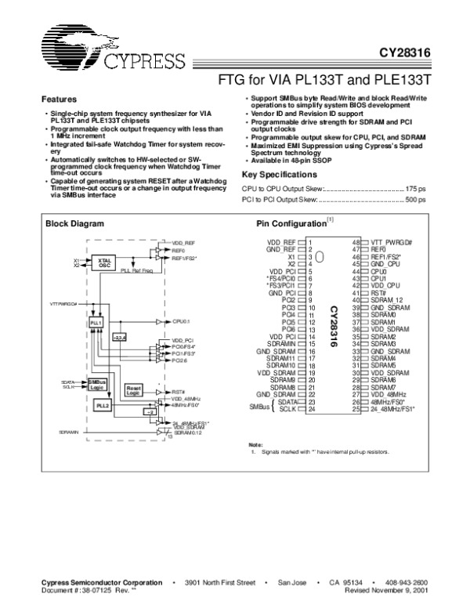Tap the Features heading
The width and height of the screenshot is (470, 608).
tap(59, 100)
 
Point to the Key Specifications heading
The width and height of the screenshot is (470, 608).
tap(280, 175)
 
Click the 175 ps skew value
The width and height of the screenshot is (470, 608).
tap(416, 189)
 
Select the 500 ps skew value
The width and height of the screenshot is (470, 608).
tap(416, 200)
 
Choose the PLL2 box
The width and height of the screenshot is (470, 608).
tap(101, 406)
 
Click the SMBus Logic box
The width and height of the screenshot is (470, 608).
tap(96, 383)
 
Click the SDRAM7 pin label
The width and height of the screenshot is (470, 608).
tap(384, 388)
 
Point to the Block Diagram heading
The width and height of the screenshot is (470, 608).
tap(74, 223)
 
